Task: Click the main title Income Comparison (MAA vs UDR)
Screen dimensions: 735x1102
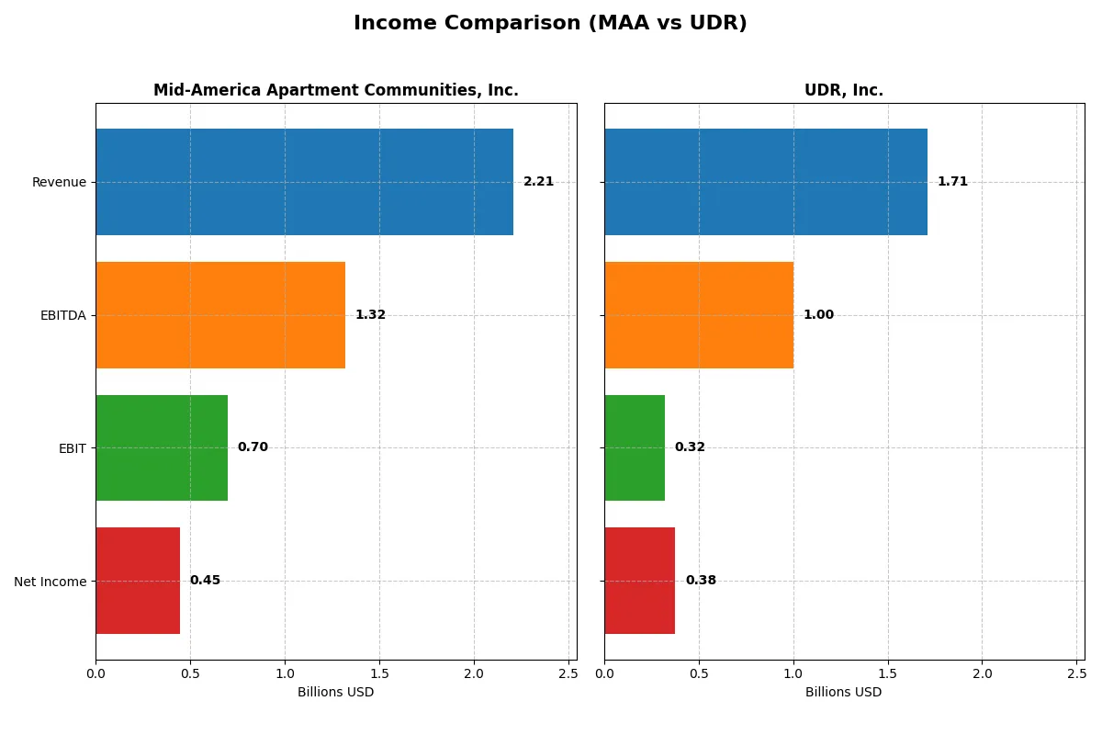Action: point(550,24)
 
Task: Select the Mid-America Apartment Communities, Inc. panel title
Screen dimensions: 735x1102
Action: point(336,90)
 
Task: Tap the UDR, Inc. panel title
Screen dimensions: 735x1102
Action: point(844,90)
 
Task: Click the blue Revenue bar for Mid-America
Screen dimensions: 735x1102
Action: point(304,182)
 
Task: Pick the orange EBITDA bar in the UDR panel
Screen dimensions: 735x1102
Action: point(699,315)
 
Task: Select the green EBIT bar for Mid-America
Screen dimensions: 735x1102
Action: point(162,447)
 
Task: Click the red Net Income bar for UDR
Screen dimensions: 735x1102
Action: point(639,581)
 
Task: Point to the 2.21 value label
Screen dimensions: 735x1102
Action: point(538,182)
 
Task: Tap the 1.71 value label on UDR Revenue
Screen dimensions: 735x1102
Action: point(952,182)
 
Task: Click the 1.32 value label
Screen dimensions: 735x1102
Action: point(370,315)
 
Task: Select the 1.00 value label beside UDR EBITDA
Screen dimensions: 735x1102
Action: point(818,315)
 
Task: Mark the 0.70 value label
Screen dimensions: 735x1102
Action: point(253,447)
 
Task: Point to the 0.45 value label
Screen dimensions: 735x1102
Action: point(205,581)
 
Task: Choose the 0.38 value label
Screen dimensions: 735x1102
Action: point(701,581)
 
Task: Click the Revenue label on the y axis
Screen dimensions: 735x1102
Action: point(59,182)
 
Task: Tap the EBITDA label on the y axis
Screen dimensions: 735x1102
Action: point(62,315)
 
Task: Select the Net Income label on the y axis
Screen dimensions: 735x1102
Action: point(50,581)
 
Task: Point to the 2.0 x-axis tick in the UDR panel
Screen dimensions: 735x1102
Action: point(982,673)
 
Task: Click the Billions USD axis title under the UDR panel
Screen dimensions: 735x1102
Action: point(844,693)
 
